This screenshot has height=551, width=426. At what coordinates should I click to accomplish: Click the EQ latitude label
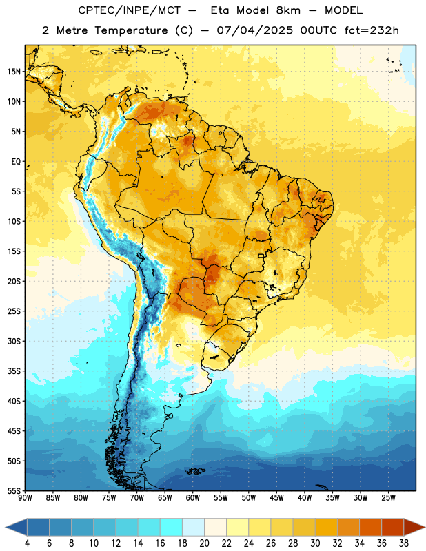16,162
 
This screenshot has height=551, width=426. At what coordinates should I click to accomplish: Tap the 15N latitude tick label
14,72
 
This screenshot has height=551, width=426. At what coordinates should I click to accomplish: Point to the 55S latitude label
14,490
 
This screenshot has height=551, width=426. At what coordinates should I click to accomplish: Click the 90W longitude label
25,497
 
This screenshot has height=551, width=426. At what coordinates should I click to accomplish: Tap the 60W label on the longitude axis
193,497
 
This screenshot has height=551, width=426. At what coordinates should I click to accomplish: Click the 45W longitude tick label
277,497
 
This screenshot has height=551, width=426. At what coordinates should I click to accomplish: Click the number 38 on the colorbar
404,543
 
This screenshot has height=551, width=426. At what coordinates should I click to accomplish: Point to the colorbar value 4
27,543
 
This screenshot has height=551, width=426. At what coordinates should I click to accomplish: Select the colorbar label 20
204,543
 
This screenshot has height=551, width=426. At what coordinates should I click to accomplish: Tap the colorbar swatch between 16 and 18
172,528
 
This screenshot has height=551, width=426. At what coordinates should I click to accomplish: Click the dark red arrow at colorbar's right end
414,528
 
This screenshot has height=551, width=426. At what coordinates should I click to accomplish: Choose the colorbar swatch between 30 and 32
326,528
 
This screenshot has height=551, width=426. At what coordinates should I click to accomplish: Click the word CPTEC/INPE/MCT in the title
130,10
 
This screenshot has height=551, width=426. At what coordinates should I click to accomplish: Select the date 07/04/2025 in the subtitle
254,30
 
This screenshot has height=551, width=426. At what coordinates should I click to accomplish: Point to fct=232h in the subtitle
372,30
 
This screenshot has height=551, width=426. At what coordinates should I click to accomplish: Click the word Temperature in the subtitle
131,31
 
